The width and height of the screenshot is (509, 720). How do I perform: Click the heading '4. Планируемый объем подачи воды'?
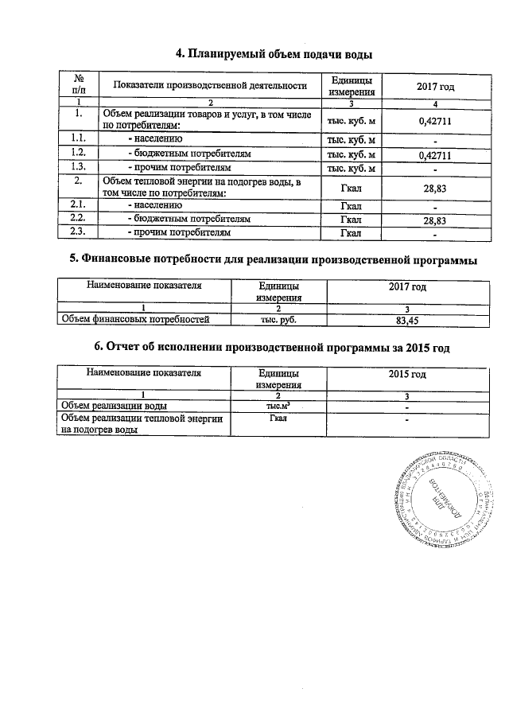click(274, 53)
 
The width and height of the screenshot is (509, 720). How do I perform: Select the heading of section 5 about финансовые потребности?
click(274, 259)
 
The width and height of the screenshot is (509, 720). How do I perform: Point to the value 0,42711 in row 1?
click(435, 121)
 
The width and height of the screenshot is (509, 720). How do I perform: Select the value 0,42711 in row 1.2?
click(435, 154)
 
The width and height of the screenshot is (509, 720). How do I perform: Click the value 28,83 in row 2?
click(435, 188)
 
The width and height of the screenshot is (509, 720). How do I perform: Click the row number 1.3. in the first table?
click(78, 168)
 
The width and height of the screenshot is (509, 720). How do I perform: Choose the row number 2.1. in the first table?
click(78, 204)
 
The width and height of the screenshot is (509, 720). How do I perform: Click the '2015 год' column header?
click(406, 373)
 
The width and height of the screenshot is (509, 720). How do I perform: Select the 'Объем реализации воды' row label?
click(115, 406)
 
